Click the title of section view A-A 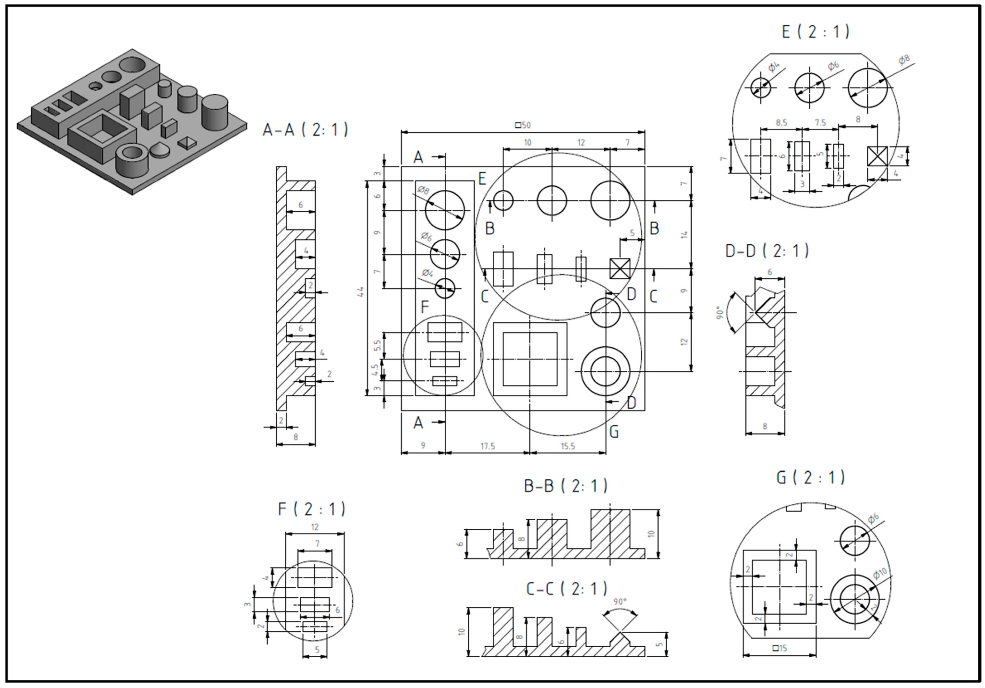pyautogui.click(x=305, y=130)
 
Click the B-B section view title pyautogui.click(x=566, y=486)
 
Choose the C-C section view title pyautogui.click(x=566, y=589)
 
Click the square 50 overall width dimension pyautogui.click(x=523, y=125)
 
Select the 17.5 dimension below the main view pyautogui.click(x=487, y=446)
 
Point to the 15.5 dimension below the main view pyautogui.click(x=568, y=446)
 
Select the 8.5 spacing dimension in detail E pyautogui.click(x=781, y=123)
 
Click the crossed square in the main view pyautogui.click(x=620, y=269)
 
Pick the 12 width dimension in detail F pyautogui.click(x=315, y=527)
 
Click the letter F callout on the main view pyautogui.click(x=425, y=307)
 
